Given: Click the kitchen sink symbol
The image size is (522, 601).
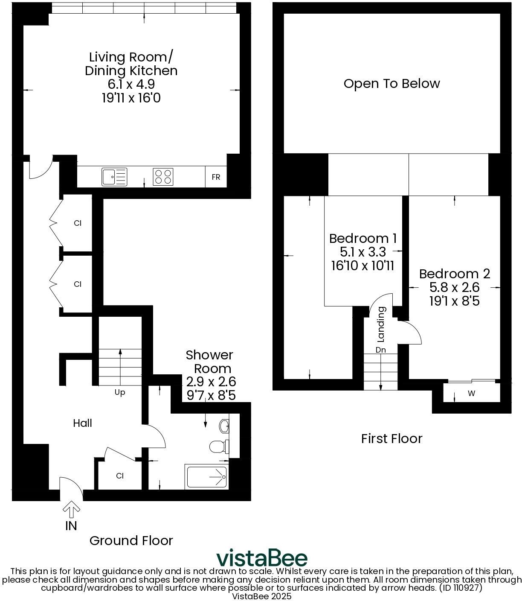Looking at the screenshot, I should point(114,177).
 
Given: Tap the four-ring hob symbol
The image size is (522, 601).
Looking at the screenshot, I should point(163,177).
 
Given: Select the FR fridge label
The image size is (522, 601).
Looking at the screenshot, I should point(216,177).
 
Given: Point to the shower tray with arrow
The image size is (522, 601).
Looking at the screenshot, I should point(207,477).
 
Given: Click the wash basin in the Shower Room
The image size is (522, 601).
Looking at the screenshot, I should point(224,426).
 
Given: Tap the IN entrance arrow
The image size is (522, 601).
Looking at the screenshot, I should point(71,509).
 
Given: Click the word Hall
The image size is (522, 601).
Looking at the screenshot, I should point(82,423).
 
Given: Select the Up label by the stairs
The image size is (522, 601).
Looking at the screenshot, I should point(120,392).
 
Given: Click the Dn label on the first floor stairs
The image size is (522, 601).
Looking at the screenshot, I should point(380,350).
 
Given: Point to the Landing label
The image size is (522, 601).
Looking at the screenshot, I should point(381,324).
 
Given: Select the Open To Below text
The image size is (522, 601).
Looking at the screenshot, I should point(391,83).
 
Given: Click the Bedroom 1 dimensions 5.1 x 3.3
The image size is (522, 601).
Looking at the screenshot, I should point(362,252).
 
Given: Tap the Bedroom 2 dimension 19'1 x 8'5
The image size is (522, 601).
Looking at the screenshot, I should point(454,301).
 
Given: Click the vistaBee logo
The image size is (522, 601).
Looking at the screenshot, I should point(261,558).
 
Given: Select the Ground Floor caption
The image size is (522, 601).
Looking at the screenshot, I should point(131,540).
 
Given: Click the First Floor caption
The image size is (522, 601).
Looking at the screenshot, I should point(391,438).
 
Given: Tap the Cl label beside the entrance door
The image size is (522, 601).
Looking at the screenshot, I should point(120,476).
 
